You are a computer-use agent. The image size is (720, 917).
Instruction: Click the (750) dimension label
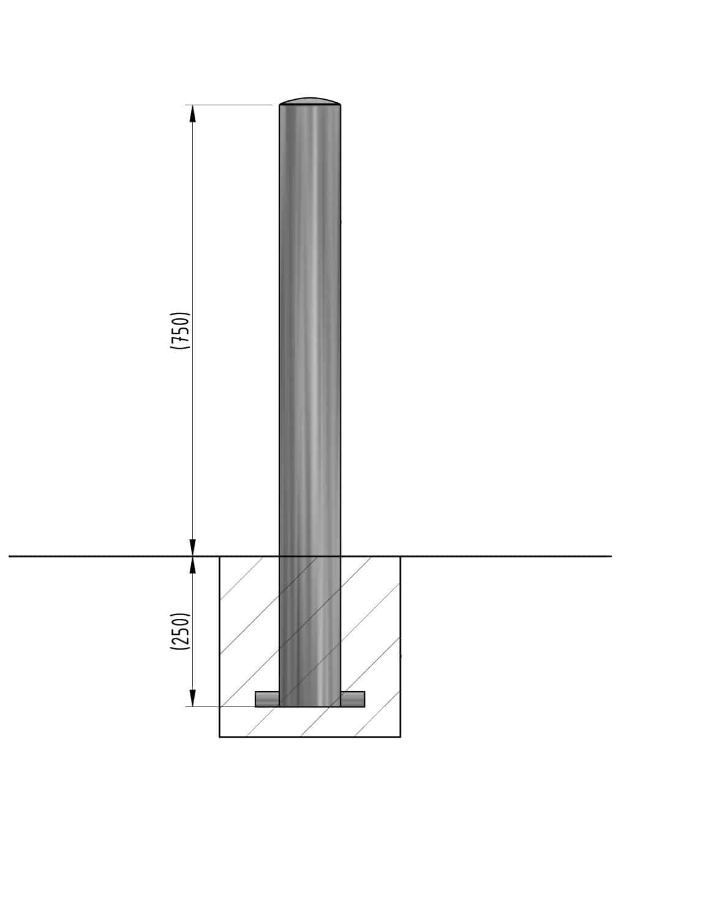click(x=181, y=331)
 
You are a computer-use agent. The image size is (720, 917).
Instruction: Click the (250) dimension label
click(x=181, y=631)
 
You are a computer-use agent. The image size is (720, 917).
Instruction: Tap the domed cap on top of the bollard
click(x=310, y=101)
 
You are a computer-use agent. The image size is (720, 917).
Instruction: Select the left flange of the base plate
click(x=267, y=699)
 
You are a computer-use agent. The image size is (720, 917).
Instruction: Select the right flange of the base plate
click(x=353, y=699)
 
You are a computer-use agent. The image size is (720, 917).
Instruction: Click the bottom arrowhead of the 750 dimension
click(x=193, y=547)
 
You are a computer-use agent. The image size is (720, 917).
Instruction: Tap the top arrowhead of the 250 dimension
click(x=193, y=564)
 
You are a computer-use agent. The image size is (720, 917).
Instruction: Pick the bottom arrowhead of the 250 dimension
click(x=193, y=698)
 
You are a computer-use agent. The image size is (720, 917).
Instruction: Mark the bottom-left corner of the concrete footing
click(x=220, y=736)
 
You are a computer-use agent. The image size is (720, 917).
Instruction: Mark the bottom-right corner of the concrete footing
click(x=400, y=736)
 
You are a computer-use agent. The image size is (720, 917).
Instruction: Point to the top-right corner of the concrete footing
click(x=400, y=556)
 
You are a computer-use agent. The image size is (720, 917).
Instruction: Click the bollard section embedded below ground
click(x=310, y=631)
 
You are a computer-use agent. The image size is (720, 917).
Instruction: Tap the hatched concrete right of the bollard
click(x=370, y=624)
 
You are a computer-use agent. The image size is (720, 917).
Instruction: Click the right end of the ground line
click(x=610, y=556)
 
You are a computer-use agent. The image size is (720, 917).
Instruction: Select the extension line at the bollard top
click(x=233, y=105)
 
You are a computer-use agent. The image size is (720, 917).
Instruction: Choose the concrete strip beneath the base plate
click(x=310, y=722)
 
